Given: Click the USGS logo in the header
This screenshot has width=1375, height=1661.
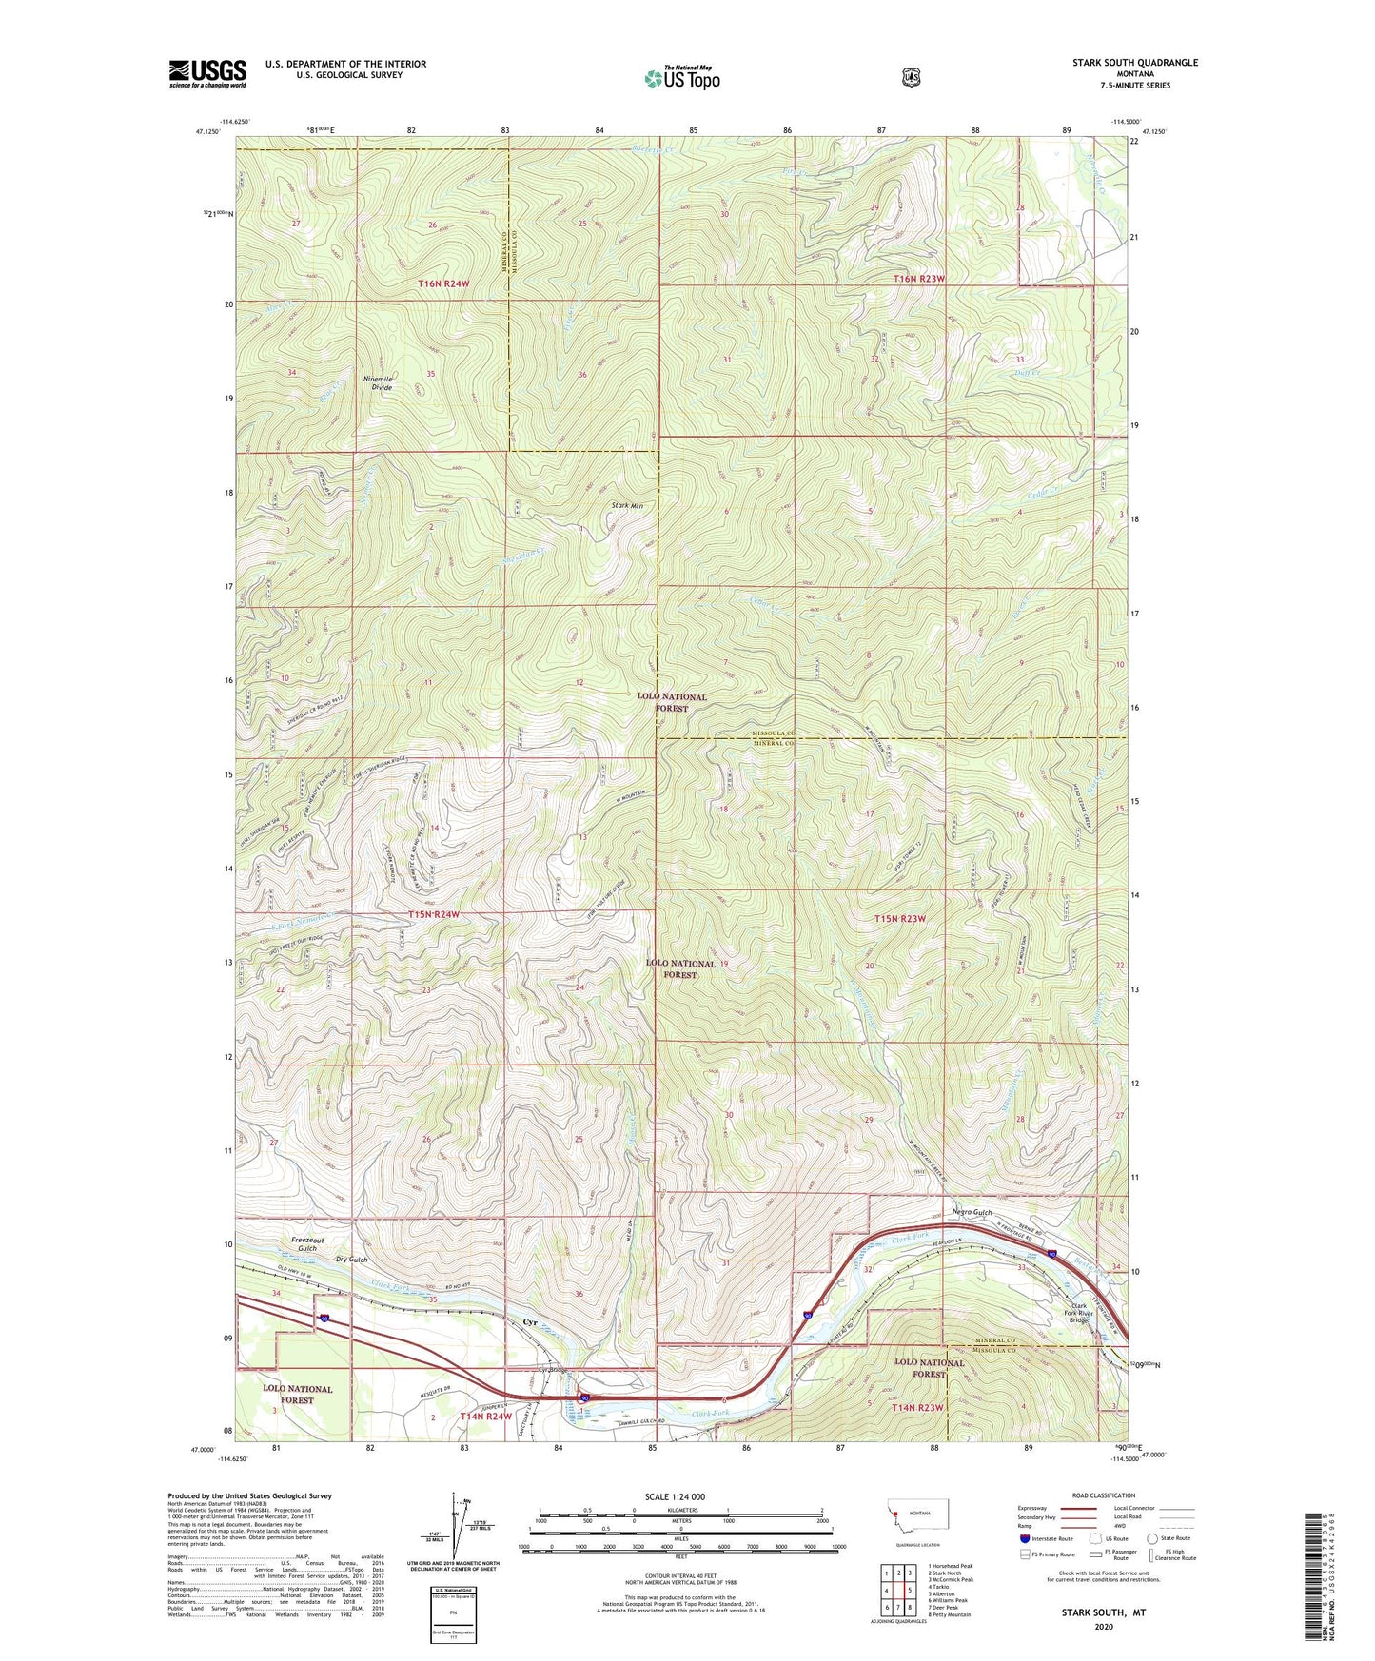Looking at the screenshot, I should [x=207, y=73].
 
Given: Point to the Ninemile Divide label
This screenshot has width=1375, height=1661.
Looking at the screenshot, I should [x=378, y=382].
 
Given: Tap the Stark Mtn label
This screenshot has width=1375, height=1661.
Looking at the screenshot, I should [x=628, y=506].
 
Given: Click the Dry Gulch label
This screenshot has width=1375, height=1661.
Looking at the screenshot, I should [x=351, y=1260].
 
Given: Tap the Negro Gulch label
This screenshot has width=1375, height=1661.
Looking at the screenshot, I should [x=972, y=1212].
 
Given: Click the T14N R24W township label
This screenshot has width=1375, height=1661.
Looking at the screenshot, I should [x=486, y=1417].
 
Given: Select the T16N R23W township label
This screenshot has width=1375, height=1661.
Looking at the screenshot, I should [x=919, y=279].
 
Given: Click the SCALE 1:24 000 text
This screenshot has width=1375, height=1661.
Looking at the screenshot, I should [x=675, y=1496].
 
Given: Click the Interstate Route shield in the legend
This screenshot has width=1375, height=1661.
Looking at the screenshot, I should [x=1024, y=1537].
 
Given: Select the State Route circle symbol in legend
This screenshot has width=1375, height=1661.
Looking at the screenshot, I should [x=1152, y=1537].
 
